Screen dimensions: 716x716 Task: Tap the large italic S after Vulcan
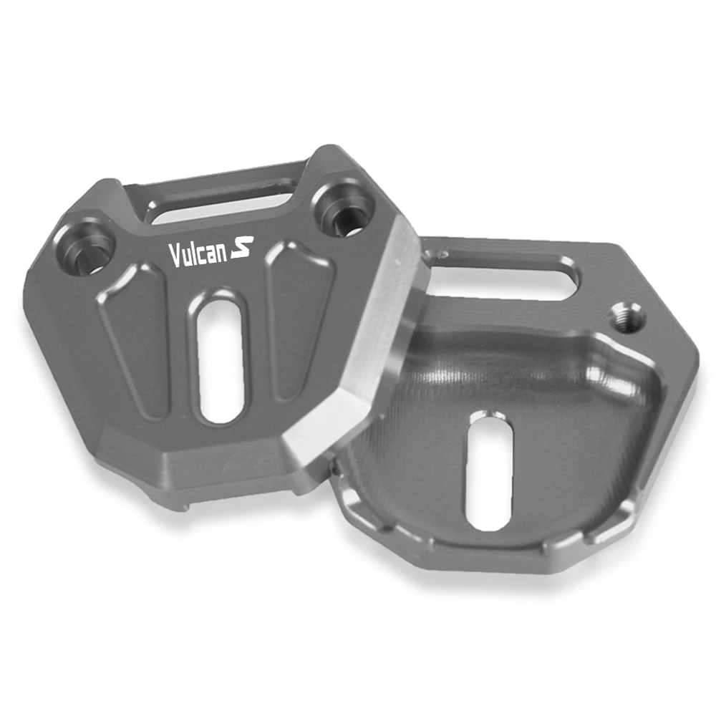coord(242,247)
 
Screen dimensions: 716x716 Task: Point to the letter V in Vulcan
coord(174,256)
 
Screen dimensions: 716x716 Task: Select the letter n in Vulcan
coord(221,253)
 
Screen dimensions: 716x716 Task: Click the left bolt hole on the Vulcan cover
coord(87,248)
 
